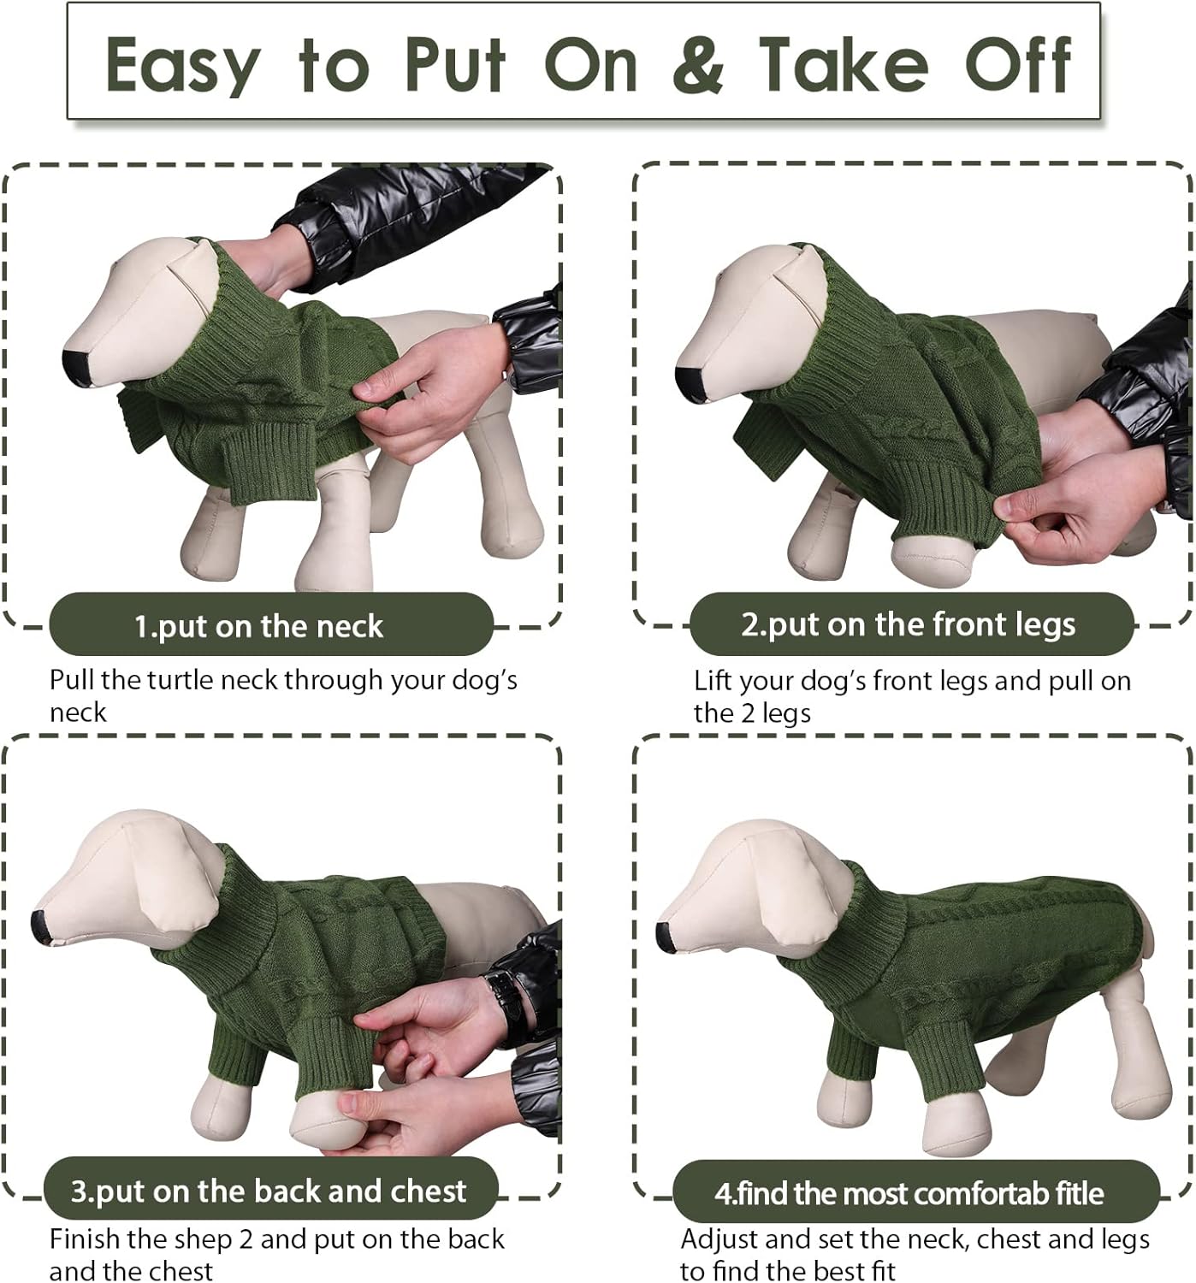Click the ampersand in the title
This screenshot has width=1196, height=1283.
pyautogui.click(x=698, y=64)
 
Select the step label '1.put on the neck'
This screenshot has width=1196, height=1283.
pyautogui.click(x=258, y=626)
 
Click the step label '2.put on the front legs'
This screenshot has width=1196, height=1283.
pyautogui.click(x=908, y=624)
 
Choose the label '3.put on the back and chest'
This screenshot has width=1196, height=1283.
pyautogui.click(x=269, y=1190)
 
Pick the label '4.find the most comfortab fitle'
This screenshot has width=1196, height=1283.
pyautogui.click(x=909, y=1192)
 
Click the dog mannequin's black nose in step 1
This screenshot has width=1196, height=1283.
pyautogui.click(x=78, y=365)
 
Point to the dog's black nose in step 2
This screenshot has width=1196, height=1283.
pyautogui.click(x=689, y=380)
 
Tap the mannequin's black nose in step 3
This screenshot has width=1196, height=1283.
pyautogui.click(x=40, y=924)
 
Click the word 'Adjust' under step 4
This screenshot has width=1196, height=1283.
pyautogui.click(x=719, y=1239)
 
